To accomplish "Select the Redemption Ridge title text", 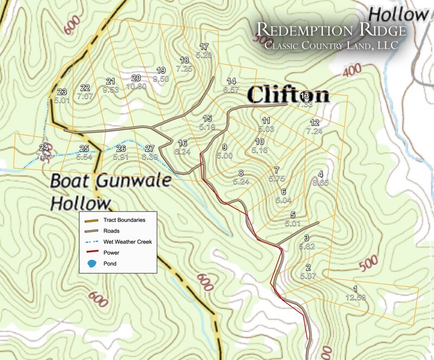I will (x=331, y=30).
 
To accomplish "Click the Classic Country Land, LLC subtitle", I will (x=331, y=46).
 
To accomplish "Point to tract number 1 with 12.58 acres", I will (x=355, y=293).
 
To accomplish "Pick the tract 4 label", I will (x=321, y=178).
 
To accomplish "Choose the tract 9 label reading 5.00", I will (x=224, y=151).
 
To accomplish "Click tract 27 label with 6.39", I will (x=150, y=152).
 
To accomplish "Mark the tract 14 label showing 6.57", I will (x=231, y=85).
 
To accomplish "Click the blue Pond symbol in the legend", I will (x=92, y=263).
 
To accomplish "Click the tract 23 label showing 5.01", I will (x=61, y=96).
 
